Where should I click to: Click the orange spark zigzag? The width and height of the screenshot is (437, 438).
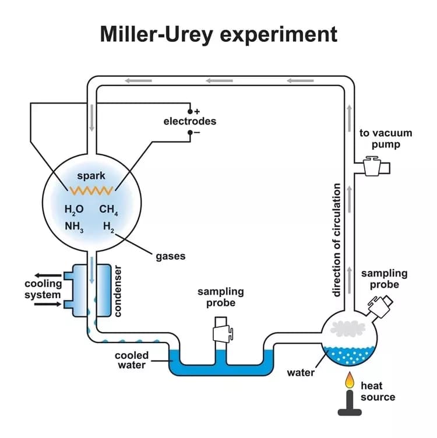point(91,191)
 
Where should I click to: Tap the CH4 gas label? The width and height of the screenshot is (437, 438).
point(108,210)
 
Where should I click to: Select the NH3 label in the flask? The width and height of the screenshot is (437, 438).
point(74,227)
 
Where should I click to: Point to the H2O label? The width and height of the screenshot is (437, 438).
point(74,210)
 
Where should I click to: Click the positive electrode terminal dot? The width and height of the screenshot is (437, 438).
point(190,112)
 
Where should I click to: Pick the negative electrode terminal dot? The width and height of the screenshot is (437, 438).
point(190,132)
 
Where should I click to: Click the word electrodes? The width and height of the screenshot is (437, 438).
point(190,121)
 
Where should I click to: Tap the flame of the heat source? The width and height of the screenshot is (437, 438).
point(350,380)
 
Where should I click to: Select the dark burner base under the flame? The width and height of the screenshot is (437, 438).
point(350,404)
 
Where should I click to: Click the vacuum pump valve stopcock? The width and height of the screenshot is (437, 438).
point(372,166)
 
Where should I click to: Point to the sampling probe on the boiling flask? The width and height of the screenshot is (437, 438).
point(380,306)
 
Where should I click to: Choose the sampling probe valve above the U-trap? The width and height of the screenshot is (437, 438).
point(223,329)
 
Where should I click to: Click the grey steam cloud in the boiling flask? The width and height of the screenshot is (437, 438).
point(348,328)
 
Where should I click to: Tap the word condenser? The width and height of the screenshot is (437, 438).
point(118,291)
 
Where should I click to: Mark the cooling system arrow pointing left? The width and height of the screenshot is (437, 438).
point(48,275)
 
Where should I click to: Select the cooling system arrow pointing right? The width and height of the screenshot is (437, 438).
point(48,304)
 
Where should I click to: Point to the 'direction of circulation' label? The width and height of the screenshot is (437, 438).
point(337,240)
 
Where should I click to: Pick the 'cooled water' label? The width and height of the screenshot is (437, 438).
point(132,360)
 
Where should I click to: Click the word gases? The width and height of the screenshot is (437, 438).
point(171,256)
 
